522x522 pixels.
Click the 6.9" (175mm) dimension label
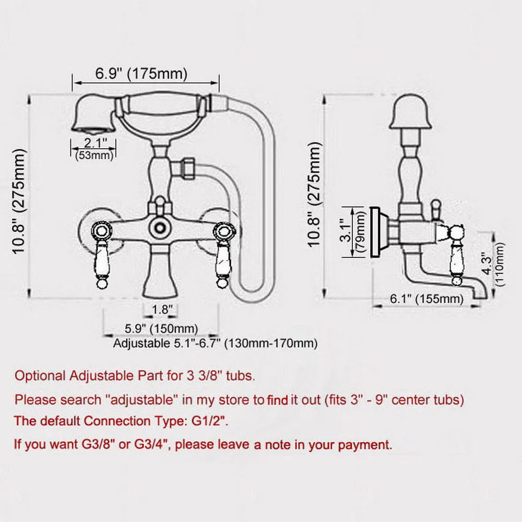click(x=141, y=74)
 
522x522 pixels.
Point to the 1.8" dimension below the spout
click(x=162, y=309)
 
